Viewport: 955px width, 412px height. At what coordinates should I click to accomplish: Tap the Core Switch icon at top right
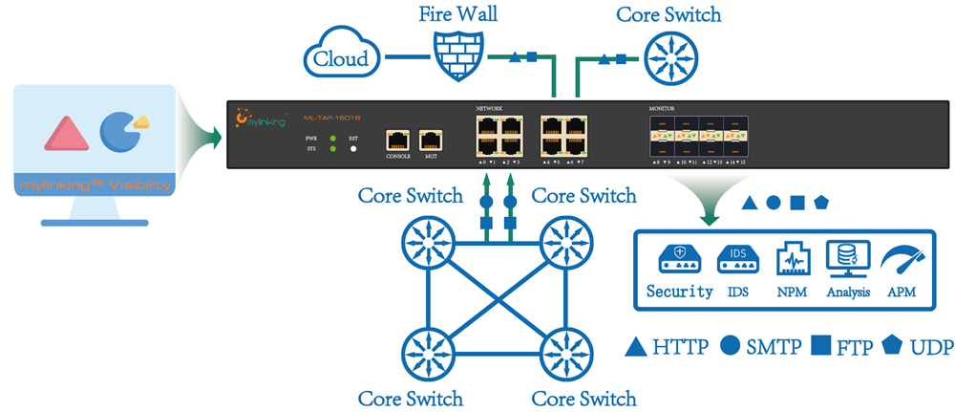tap(668, 56)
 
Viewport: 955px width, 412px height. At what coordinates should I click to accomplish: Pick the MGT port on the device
tap(431, 139)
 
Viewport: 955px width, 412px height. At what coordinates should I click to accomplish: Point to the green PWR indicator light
tap(332, 140)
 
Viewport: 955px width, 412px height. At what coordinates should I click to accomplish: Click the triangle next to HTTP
tap(637, 346)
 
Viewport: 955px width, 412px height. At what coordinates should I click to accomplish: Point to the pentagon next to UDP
tap(894, 345)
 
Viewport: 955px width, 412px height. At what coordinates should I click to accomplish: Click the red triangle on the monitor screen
tap(67, 135)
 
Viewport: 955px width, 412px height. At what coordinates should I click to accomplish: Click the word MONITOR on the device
tap(662, 110)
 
